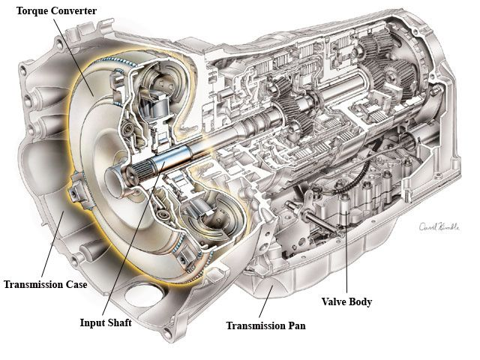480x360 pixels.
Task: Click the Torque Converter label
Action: (56, 11)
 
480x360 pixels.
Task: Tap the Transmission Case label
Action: (46, 284)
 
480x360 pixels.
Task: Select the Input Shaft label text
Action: (106, 322)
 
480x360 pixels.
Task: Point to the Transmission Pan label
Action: (266, 325)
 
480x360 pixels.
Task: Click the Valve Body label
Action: (346, 301)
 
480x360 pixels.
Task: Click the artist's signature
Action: (439, 226)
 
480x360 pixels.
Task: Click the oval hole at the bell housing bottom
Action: (144, 295)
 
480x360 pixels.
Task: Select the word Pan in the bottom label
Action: (296, 325)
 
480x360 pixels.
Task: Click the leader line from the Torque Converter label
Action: (73, 58)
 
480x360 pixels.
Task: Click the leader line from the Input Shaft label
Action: (133, 238)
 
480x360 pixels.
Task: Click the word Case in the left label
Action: (76, 284)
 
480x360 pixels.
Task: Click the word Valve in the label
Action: (334, 301)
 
